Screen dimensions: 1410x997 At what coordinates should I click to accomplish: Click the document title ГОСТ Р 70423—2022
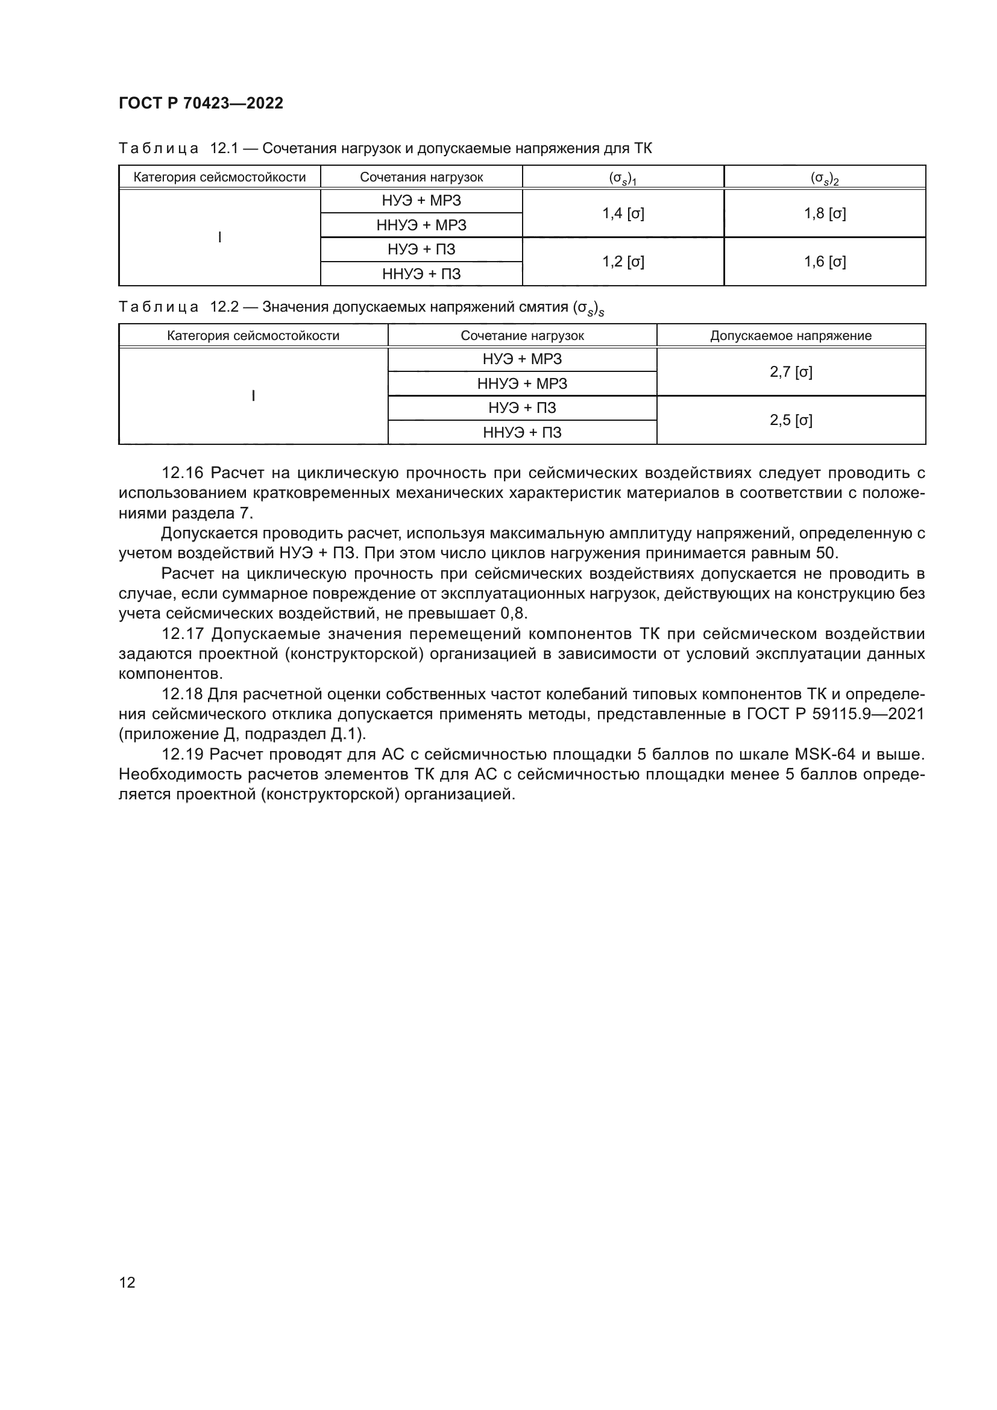pyautogui.click(x=201, y=103)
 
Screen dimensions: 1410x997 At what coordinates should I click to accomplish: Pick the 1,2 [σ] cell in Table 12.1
pyautogui.click(x=623, y=262)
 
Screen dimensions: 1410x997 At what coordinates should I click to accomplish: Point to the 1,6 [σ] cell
pyautogui.click(x=825, y=262)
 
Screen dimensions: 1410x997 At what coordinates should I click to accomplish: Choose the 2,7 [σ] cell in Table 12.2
pyautogui.click(x=791, y=372)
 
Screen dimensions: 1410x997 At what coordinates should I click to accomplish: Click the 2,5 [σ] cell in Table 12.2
pyautogui.click(x=791, y=421)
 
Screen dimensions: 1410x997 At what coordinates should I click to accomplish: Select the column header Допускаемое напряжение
pyautogui.click(x=791, y=336)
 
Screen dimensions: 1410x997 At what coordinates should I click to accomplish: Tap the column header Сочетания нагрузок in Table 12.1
pyautogui.click(x=421, y=177)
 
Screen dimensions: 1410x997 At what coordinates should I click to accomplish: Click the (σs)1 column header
pyautogui.click(x=623, y=178)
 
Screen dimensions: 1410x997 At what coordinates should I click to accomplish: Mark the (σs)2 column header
pyautogui.click(x=825, y=178)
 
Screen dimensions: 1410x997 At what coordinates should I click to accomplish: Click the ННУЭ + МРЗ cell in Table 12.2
pyautogui.click(x=522, y=384)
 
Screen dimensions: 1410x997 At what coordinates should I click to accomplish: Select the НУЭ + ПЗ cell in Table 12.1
pyautogui.click(x=421, y=250)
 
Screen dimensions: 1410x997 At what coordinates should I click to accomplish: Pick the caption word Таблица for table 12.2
pyautogui.click(x=159, y=307)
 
